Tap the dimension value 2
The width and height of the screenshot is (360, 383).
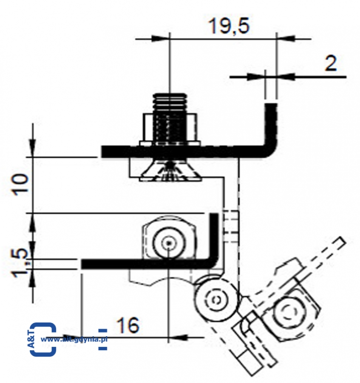(x=330, y=64)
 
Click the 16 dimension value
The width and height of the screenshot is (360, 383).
(x=127, y=326)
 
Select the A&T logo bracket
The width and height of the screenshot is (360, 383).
(x=43, y=339)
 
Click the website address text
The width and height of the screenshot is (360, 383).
(x=75, y=339)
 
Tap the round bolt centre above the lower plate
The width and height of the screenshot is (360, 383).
(x=169, y=243)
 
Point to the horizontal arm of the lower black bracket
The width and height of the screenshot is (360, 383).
(x=140, y=264)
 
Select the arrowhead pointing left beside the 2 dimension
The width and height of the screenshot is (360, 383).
(x=287, y=77)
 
